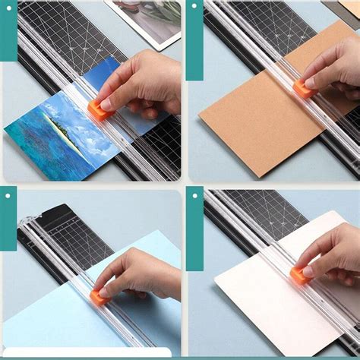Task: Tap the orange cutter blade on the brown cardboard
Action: (304, 90)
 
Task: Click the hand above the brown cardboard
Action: (334, 65)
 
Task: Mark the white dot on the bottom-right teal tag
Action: (194, 196)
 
